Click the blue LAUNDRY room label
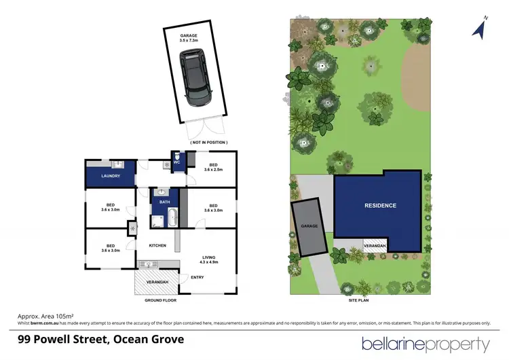[111, 176]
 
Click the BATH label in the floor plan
[164, 202]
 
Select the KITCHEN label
[158, 245]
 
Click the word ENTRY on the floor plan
[197, 277]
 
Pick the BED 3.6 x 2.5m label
[213, 167]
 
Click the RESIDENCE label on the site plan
[380, 205]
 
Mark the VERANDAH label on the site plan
[375, 245]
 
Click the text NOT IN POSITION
[208, 141]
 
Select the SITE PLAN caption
[360, 300]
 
